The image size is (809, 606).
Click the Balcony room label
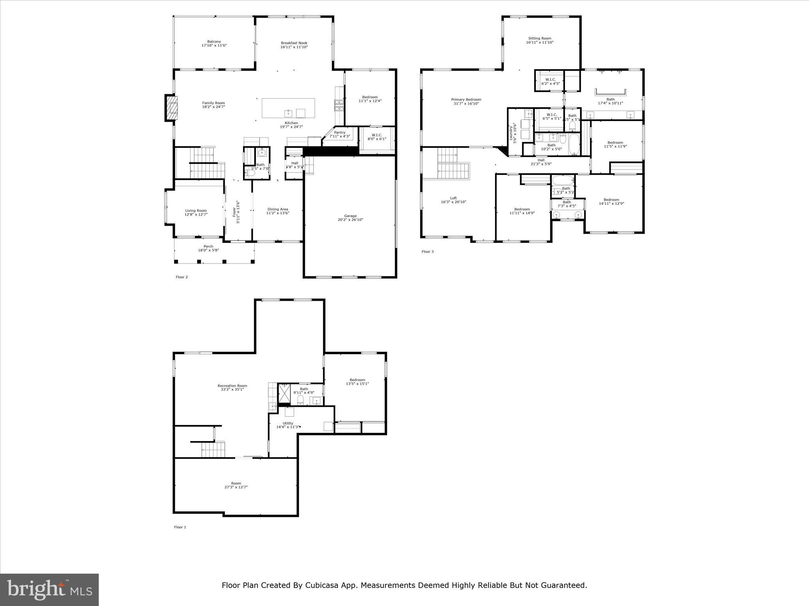(214, 41)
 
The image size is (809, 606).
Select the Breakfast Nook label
(294, 43)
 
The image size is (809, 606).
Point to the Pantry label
(339, 133)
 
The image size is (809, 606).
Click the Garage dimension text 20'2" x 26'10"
(350, 220)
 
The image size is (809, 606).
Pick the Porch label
(208, 246)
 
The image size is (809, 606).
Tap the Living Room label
(196, 211)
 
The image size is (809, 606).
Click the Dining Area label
(278, 209)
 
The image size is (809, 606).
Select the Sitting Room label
(540, 38)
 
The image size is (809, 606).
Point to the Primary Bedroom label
(466, 99)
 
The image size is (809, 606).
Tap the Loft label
(453, 198)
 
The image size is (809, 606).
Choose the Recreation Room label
(232, 386)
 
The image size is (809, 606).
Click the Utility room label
(288, 423)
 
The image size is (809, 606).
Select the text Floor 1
(180, 527)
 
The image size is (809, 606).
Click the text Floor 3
(427, 251)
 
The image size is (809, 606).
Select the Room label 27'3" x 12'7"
(236, 483)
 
